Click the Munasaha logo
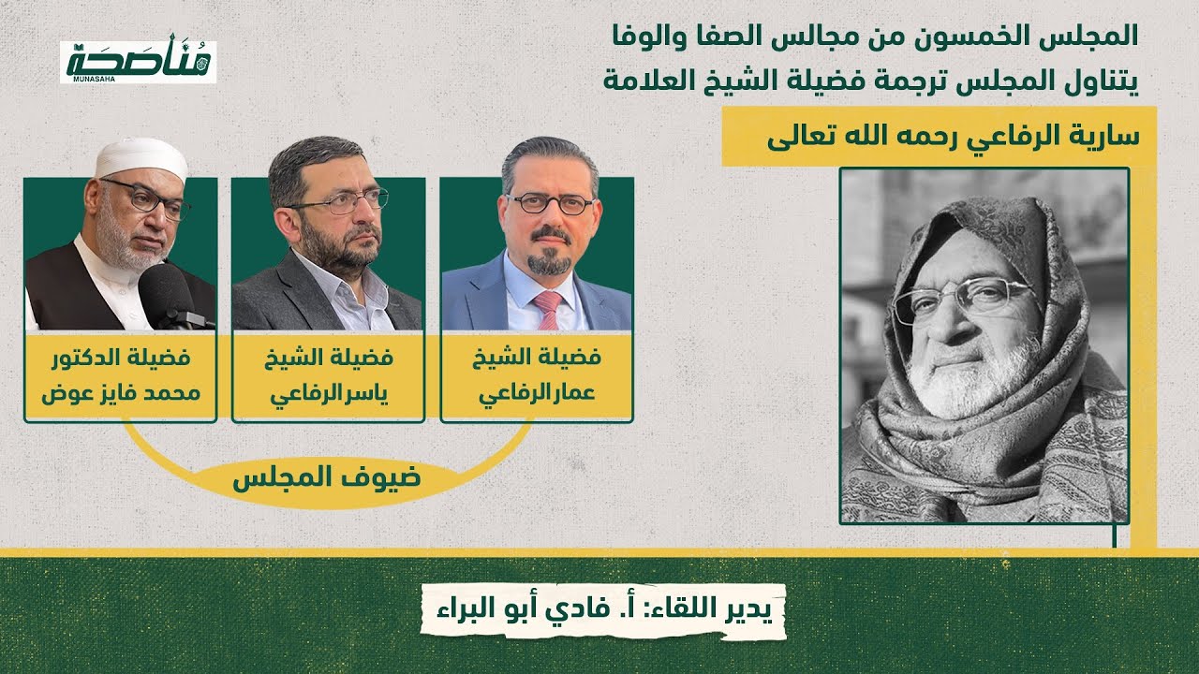click(138, 62)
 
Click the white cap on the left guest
click(141, 158)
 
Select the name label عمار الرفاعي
click(537, 375)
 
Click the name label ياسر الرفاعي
click(329, 375)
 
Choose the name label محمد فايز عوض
click(121, 375)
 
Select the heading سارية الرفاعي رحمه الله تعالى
click(952, 137)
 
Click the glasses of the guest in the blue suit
click(550, 203)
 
